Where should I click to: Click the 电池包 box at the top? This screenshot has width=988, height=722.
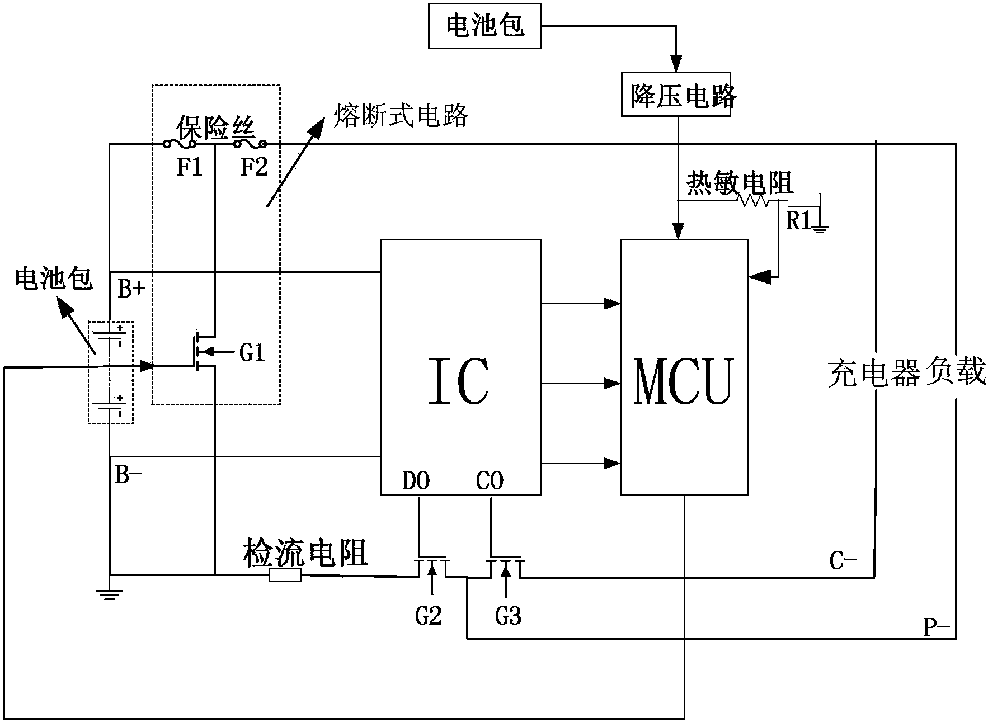(484, 26)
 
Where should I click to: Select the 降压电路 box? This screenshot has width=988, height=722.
(676, 94)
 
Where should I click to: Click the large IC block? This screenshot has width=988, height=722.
(460, 367)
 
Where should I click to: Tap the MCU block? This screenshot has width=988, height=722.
(684, 367)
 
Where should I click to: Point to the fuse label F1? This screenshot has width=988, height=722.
(189, 167)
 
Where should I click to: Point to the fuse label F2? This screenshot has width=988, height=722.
(253, 167)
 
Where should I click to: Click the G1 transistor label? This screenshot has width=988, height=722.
(252, 353)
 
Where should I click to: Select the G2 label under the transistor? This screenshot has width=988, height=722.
(429, 616)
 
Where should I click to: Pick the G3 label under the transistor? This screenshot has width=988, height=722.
(508, 616)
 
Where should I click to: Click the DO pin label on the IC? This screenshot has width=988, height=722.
(416, 480)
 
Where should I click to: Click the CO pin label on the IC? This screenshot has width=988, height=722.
(490, 480)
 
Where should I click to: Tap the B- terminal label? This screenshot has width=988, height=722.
(128, 475)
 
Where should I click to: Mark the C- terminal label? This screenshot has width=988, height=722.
(843, 560)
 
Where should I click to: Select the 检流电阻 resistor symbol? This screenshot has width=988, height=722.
(285, 575)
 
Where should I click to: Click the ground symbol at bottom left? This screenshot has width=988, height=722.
(110, 594)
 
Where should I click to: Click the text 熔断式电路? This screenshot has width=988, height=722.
(401, 116)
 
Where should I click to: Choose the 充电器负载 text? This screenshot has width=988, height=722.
(906, 373)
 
